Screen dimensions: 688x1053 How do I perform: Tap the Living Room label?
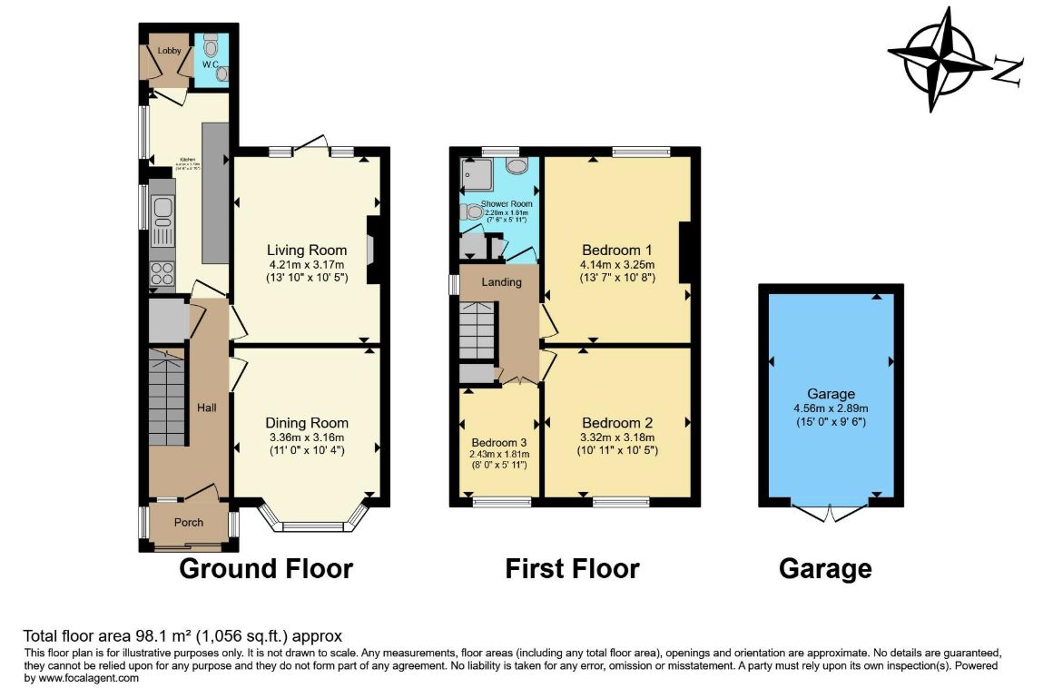[x=307, y=251]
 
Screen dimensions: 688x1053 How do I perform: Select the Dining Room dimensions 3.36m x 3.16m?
[x=307, y=437]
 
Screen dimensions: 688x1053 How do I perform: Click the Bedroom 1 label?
[x=617, y=250]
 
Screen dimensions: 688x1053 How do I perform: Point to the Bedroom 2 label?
[x=617, y=423]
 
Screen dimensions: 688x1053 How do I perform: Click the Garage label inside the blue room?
[x=832, y=394]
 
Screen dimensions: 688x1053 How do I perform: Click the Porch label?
[x=189, y=523]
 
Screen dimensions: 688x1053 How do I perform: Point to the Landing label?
[x=501, y=282]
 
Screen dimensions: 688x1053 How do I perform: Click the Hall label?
[x=207, y=408]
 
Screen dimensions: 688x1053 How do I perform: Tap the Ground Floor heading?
[x=265, y=569]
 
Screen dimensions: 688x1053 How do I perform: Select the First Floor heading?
[x=572, y=569]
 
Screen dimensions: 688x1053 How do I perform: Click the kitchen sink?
[x=163, y=212]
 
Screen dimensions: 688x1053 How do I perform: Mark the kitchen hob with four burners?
[x=163, y=272]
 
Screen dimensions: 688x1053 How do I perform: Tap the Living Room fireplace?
[x=372, y=251]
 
